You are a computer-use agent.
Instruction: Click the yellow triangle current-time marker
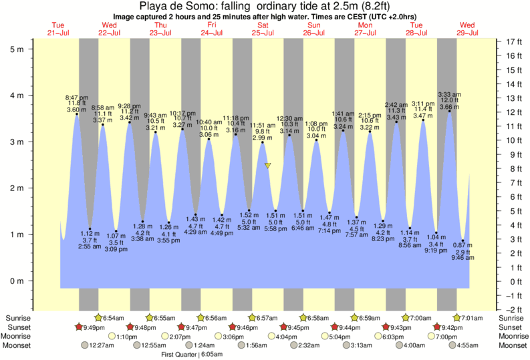point(267,165)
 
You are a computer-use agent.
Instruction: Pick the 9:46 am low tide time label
point(463,258)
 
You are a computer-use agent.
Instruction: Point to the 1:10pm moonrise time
point(128,337)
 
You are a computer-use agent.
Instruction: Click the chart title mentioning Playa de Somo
point(265,6)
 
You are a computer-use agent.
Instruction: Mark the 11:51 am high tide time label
point(263,125)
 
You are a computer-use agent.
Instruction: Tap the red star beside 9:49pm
point(80,327)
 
